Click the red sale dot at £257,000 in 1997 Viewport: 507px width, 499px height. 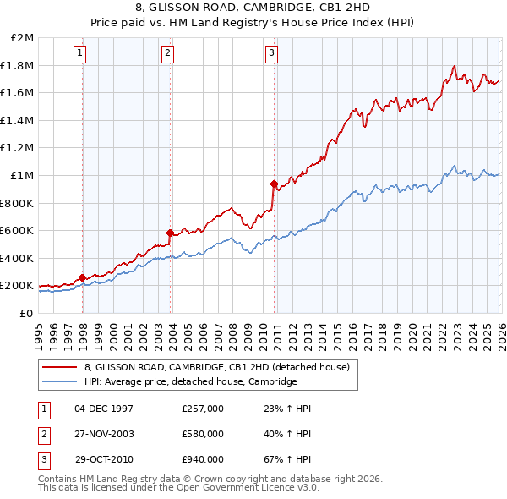(82, 277)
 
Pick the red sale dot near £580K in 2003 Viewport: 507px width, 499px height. (171, 233)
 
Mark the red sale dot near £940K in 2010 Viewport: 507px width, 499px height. (274, 184)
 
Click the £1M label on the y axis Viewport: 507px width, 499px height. (23, 176)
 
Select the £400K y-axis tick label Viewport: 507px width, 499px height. (18, 258)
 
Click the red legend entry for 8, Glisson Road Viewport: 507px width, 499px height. (222, 366)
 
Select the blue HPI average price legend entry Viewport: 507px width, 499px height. (191, 381)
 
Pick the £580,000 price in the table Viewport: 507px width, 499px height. (203, 434)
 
